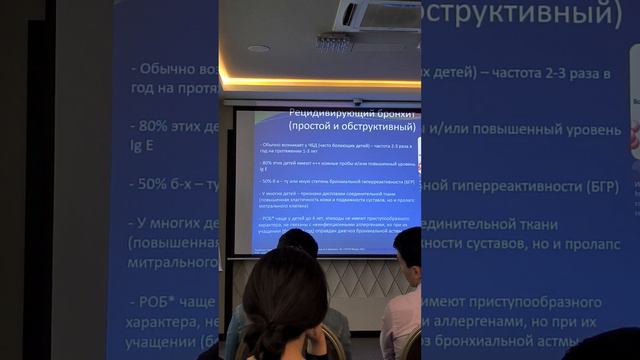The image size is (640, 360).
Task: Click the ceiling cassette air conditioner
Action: coord(377,15)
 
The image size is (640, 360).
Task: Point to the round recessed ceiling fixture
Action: coord(258,48)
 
